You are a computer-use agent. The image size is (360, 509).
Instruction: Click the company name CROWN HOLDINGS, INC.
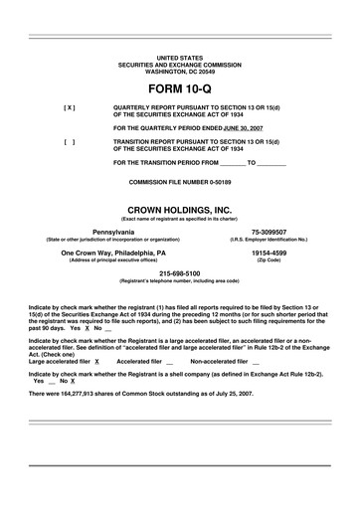[179, 209]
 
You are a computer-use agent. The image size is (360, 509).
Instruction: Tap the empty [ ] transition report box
[70, 142]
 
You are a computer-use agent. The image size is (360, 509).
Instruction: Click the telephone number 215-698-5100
[180, 273]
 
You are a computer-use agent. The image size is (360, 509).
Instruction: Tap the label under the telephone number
[180, 281]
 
